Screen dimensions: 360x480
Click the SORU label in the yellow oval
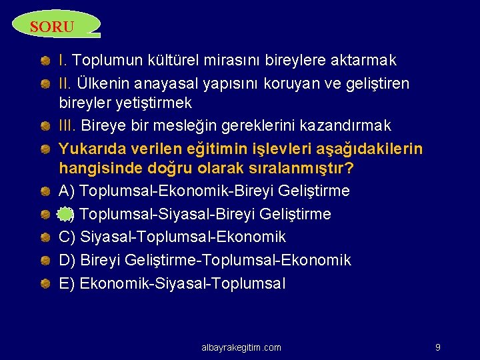pos(52,27)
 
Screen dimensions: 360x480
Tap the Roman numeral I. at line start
pos(63,61)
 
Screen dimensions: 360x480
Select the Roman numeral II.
pos(66,84)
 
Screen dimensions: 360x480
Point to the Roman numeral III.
pos(68,125)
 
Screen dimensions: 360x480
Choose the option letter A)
pos(67,191)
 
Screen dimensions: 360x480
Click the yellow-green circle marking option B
pos(65,214)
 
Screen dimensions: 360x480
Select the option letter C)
pos(67,237)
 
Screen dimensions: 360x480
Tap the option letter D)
pos(67,260)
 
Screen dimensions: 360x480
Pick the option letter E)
pos(67,283)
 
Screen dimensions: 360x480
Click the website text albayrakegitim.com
pos(241,347)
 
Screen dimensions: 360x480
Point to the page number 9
pos(437,347)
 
